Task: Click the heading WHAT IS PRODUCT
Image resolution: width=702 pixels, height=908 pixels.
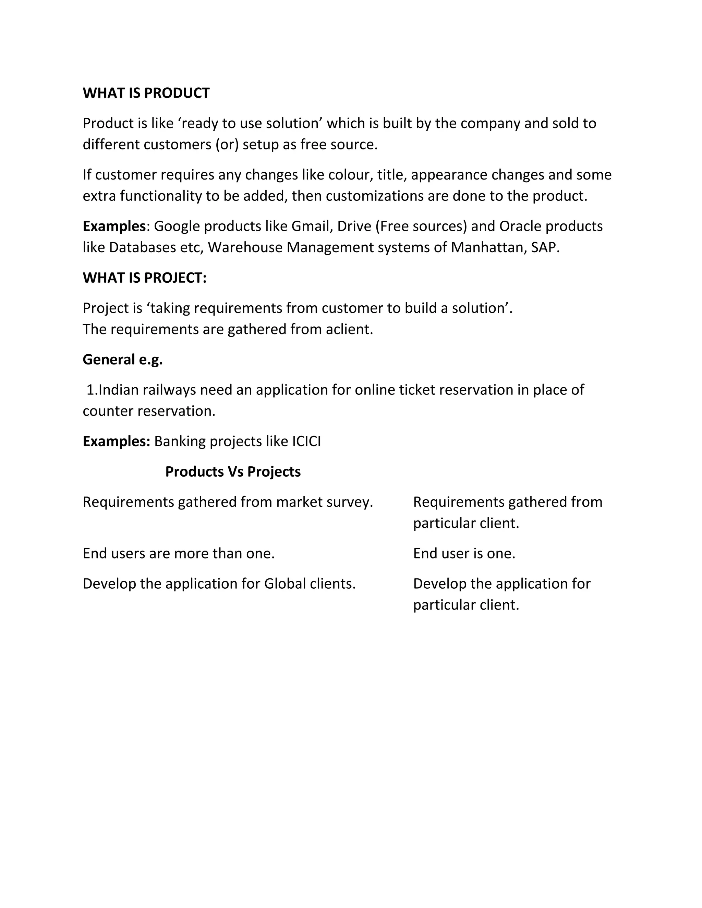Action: pyautogui.click(x=146, y=93)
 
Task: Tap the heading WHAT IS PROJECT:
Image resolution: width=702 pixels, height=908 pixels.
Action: pyautogui.click(x=144, y=278)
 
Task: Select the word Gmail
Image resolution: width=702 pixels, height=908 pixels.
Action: pyautogui.click(x=310, y=226)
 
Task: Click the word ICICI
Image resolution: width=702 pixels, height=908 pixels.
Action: pyautogui.click(x=306, y=441)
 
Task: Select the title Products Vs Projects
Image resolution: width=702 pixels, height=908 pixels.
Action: pyautogui.click(x=233, y=471)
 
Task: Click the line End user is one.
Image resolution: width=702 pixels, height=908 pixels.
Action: pyautogui.click(x=464, y=553)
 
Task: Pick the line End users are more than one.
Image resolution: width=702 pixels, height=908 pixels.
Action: pyautogui.click(x=178, y=553)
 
